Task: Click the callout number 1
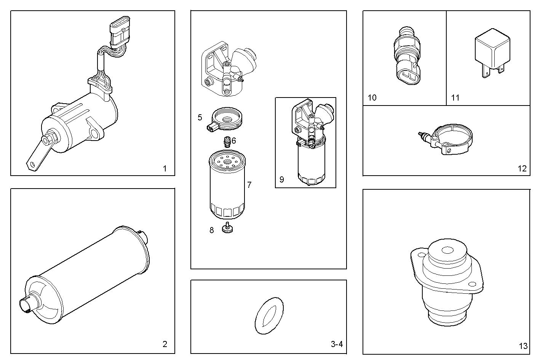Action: click(x=165, y=168)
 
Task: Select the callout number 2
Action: click(x=165, y=344)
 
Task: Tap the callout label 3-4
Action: click(x=337, y=344)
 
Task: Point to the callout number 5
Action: click(x=200, y=117)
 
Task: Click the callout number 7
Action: click(x=249, y=185)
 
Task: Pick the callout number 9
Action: click(x=281, y=179)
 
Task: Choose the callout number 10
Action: click(x=372, y=98)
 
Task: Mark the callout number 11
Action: click(x=455, y=98)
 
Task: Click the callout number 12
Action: click(x=522, y=168)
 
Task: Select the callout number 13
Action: click(x=523, y=346)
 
